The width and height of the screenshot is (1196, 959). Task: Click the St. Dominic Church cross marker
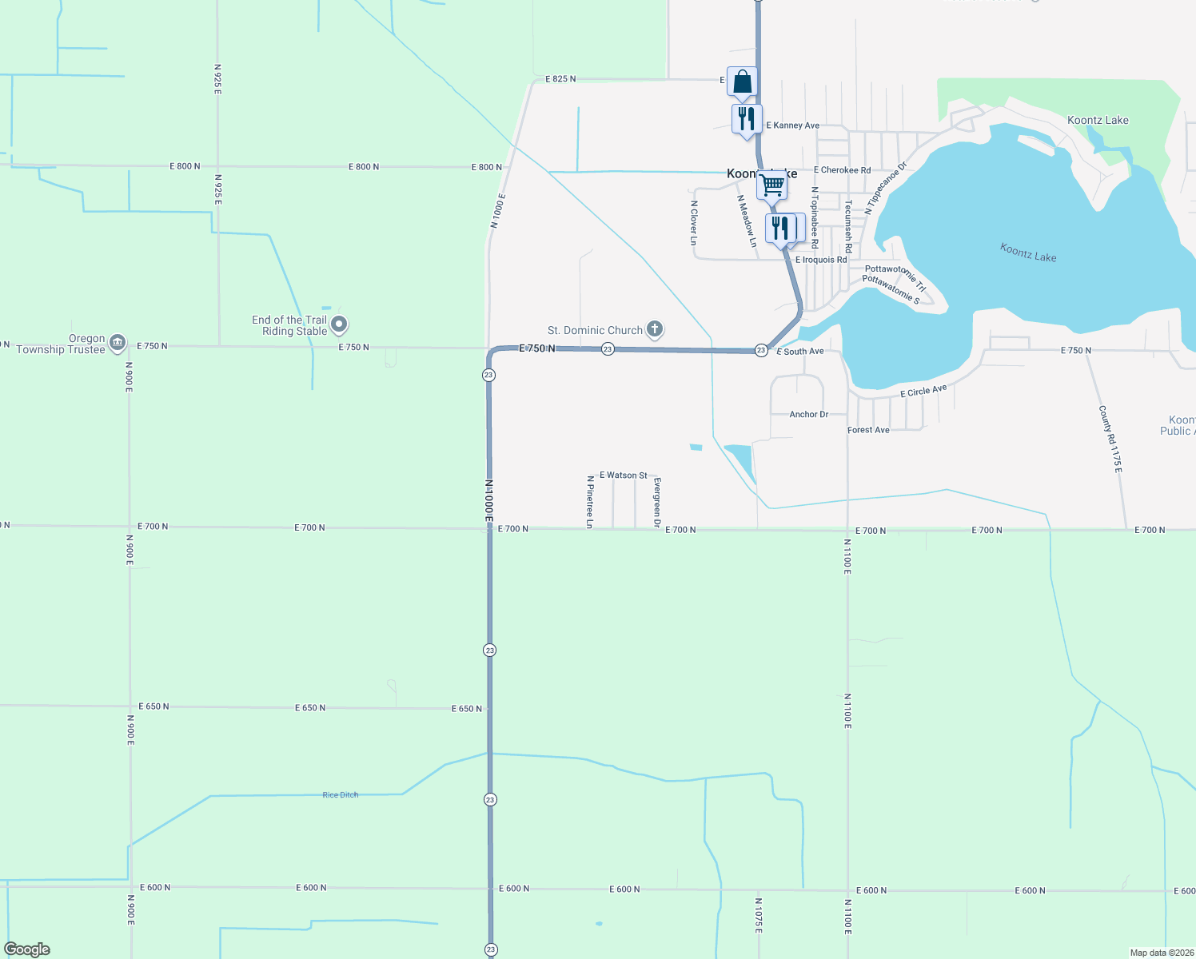coord(655,328)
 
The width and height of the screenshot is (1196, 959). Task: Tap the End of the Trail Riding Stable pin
coord(339,324)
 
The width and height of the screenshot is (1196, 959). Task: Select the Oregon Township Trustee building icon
coord(118,343)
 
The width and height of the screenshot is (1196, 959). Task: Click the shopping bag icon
coord(743,82)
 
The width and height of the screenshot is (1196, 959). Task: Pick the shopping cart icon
coord(772,185)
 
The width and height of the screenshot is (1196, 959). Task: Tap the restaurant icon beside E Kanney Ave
coord(747,119)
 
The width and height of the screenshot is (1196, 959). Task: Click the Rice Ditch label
coord(341,795)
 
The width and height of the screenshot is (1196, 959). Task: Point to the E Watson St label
coord(624,476)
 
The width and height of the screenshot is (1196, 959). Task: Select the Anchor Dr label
coord(808,415)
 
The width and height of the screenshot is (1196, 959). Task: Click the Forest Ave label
coord(868,430)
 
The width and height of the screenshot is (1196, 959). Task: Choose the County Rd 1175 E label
coord(1110,439)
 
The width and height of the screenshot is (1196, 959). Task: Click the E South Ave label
coord(800,352)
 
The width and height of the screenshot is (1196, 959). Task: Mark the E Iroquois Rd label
coord(820,260)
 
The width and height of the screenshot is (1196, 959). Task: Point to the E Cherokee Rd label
coord(842,170)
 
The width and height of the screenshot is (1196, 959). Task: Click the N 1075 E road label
coord(758,915)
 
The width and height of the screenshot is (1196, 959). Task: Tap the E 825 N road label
coord(560,79)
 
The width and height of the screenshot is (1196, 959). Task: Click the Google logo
coord(27,949)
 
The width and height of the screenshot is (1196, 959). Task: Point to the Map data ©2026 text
coord(1161,953)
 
